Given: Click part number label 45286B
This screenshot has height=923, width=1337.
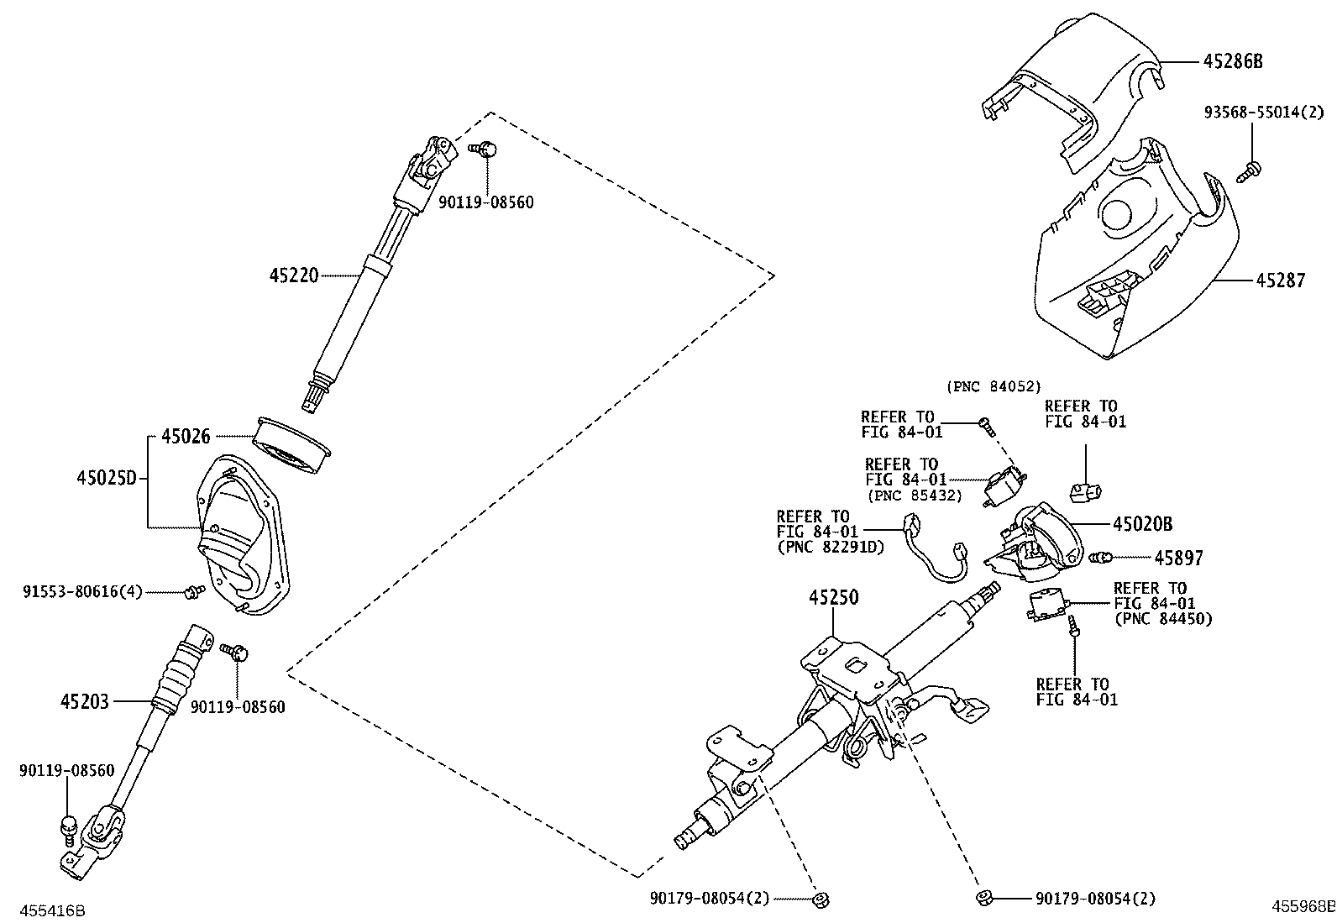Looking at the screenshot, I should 1233,61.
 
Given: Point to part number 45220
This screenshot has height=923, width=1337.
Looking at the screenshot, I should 294,275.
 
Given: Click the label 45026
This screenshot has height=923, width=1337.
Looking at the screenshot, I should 186,436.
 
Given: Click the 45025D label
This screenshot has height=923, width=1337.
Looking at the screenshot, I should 105,479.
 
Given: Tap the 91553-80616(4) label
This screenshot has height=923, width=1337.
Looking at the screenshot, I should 82,593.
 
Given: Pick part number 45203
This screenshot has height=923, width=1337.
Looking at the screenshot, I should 85,700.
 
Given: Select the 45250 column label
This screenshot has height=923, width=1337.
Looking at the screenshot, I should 833,598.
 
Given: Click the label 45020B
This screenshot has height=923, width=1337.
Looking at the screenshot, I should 1141,524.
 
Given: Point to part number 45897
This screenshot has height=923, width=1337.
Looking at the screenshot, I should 1177,558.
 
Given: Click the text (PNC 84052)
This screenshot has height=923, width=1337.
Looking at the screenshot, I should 994,386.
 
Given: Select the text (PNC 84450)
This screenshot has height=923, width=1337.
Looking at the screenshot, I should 1162,619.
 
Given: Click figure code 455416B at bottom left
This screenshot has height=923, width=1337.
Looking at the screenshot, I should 52,910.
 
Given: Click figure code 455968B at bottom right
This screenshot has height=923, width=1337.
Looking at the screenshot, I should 1302,906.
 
